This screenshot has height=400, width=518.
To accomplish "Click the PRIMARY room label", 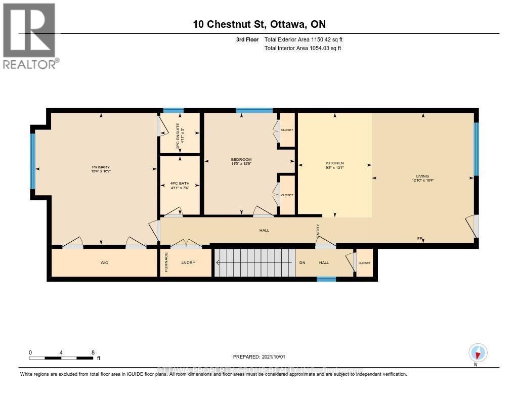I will pos(101,167).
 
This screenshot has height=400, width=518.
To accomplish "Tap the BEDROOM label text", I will pos(241,160).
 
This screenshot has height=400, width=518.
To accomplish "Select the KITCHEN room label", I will pos(335,163).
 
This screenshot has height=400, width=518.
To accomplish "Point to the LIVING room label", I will pos(423,176).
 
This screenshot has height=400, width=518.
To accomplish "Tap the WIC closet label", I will pos(104,262).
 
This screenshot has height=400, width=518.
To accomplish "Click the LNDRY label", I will pos(189,262).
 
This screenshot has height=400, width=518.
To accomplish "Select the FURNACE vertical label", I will pos(165,263).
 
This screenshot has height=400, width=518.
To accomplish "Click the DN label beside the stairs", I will pos(303,262).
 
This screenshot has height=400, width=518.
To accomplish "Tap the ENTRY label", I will pos(318,231).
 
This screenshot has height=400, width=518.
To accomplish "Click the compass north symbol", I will pos(478,353).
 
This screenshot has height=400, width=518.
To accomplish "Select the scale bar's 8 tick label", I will pos(93,352).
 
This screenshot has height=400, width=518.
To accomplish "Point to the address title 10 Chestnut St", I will pos(258,24).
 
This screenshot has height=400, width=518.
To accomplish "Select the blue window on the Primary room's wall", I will pos(33,161).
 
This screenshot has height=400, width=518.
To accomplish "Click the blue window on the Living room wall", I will pos(476,149).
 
